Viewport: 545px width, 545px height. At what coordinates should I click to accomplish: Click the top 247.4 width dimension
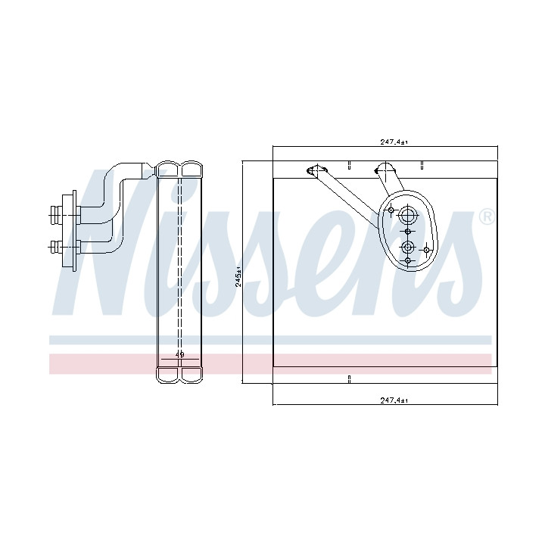click(394, 142)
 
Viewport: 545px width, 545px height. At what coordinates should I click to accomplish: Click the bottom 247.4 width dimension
click(394, 400)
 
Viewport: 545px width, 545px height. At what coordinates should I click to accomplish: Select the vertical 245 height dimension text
click(238, 276)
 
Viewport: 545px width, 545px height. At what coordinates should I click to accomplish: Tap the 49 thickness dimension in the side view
click(179, 355)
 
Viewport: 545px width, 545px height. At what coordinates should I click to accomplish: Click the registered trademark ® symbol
click(487, 217)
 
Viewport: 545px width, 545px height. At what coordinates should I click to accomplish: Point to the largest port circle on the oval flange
click(407, 216)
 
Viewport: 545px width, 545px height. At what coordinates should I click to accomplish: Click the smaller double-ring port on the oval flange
click(408, 248)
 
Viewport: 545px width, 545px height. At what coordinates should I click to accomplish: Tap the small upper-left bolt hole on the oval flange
click(391, 210)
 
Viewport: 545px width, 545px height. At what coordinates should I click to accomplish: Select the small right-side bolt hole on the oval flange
click(426, 250)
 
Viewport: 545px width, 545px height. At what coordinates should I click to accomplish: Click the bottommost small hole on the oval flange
click(408, 260)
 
